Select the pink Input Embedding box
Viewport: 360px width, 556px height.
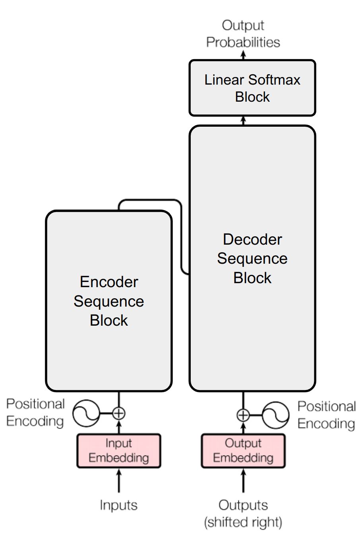(118, 451)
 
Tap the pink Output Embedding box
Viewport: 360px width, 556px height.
(243, 451)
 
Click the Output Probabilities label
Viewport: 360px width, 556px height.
(243, 34)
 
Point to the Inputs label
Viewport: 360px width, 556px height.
(118, 505)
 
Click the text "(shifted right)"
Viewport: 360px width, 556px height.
(243, 522)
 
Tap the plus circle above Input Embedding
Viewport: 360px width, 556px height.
(119, 413)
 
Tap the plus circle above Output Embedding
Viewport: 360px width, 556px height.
(243, 415)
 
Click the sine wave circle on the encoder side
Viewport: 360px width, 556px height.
(86, 413)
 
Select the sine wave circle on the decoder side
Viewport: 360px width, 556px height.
(275, 415)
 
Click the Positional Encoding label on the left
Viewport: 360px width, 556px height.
(35, 413)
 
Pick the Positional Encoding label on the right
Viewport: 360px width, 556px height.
(326, 415)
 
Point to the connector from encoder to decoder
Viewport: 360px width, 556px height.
(181, 234)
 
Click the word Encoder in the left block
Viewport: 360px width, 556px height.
(109, 282)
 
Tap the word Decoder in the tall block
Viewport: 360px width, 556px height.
(252, 239)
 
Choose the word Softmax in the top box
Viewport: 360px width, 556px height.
(274, 80)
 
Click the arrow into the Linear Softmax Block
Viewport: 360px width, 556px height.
(244, 121)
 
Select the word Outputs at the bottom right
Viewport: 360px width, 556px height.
(243, 505)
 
